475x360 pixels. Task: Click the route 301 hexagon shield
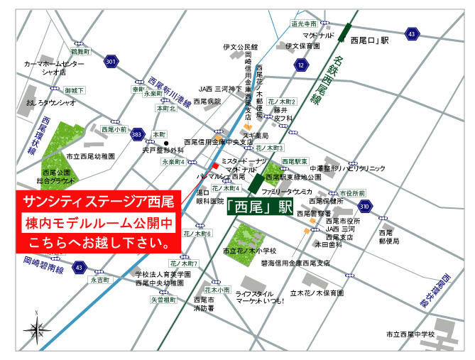click(109, 62)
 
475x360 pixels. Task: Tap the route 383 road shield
click(138, 133)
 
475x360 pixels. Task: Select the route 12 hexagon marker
click(301, 65)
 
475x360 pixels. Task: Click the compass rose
click(34, 328)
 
